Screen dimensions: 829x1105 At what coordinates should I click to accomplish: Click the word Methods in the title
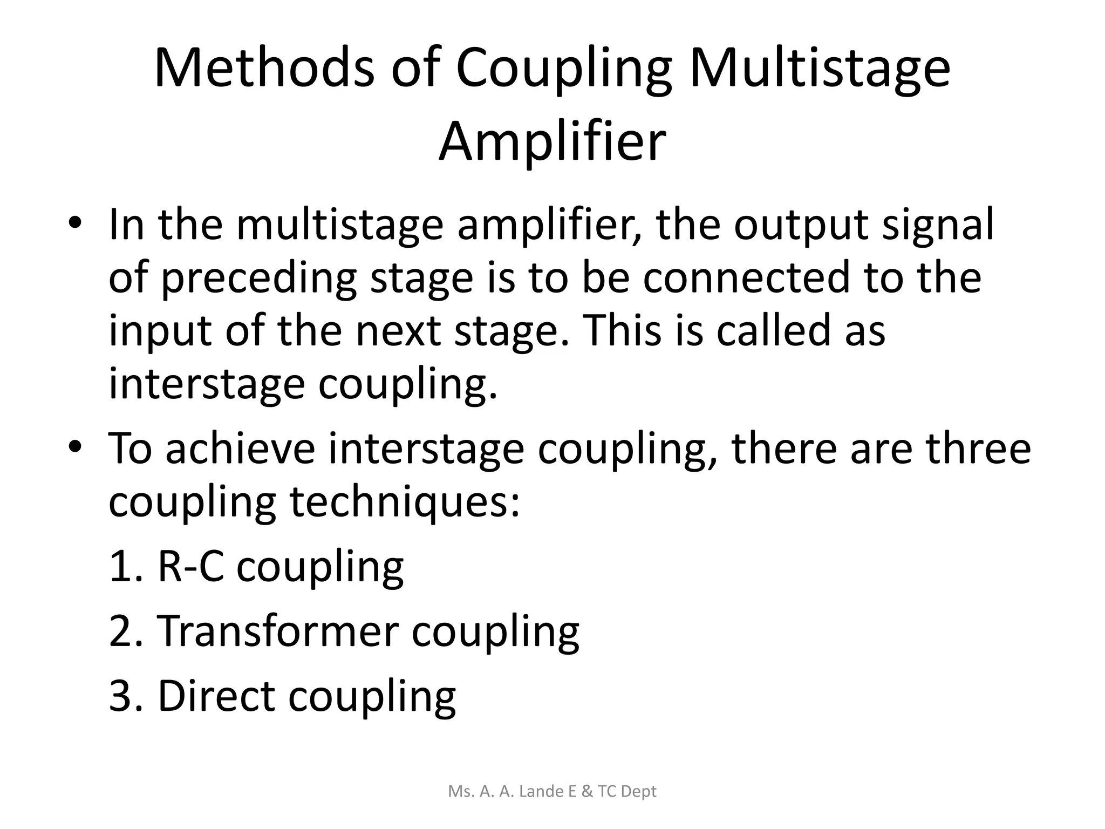pos(264,69)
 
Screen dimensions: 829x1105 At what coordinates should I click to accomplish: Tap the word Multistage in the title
pos(820,69)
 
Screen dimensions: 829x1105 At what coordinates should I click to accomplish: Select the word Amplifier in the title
pos(552,142)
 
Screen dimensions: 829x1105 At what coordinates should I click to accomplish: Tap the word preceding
pos(259,278)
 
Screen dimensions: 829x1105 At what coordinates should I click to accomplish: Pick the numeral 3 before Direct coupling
pos(121,696)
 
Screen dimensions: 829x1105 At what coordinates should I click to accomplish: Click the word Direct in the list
pos(216,696)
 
